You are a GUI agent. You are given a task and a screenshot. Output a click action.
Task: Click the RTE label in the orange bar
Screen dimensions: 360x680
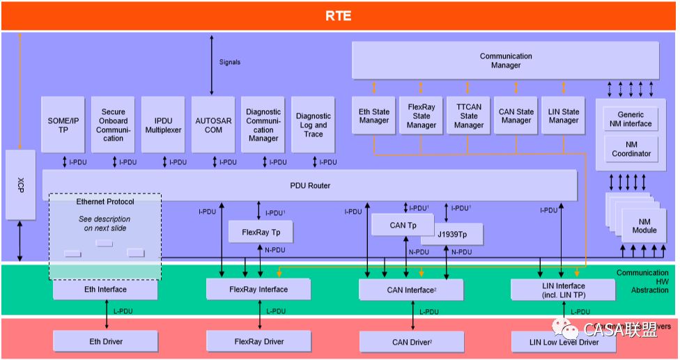pos(339,15)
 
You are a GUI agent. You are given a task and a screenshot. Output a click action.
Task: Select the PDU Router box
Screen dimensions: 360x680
pos(310,186)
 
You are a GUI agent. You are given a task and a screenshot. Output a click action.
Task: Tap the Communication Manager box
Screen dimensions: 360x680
pos(505,61)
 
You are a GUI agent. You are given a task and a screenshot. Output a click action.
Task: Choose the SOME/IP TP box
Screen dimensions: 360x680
pos(63,125)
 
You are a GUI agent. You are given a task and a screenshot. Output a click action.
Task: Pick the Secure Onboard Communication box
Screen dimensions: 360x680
pos(114,125)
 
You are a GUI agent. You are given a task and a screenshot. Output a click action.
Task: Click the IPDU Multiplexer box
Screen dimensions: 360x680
pos(163,125)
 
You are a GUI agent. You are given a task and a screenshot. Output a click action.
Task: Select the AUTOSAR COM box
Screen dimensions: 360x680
pos(213,125)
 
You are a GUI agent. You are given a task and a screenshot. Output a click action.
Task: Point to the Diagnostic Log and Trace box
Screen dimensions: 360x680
pos(314,125)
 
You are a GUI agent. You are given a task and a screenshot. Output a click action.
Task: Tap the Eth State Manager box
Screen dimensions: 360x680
pos(374,116)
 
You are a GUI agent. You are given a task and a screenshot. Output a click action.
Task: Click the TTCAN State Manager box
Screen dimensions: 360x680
pos(469,116)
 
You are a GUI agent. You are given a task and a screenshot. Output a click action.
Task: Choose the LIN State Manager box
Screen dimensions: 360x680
pos(564,116)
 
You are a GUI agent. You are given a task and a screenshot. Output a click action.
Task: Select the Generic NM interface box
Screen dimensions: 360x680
pos(631,119)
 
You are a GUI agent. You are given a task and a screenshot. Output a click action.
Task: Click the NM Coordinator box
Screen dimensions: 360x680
pos(631,149)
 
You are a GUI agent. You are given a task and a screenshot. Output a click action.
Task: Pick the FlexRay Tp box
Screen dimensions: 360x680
pos(261,232)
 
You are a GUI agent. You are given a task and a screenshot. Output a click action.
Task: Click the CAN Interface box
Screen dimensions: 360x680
pos(411,290)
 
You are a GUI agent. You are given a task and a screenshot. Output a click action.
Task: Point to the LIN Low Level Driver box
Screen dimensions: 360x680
pos(564,342)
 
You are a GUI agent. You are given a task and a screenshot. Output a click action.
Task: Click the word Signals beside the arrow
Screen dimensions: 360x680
pos(229,62)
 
